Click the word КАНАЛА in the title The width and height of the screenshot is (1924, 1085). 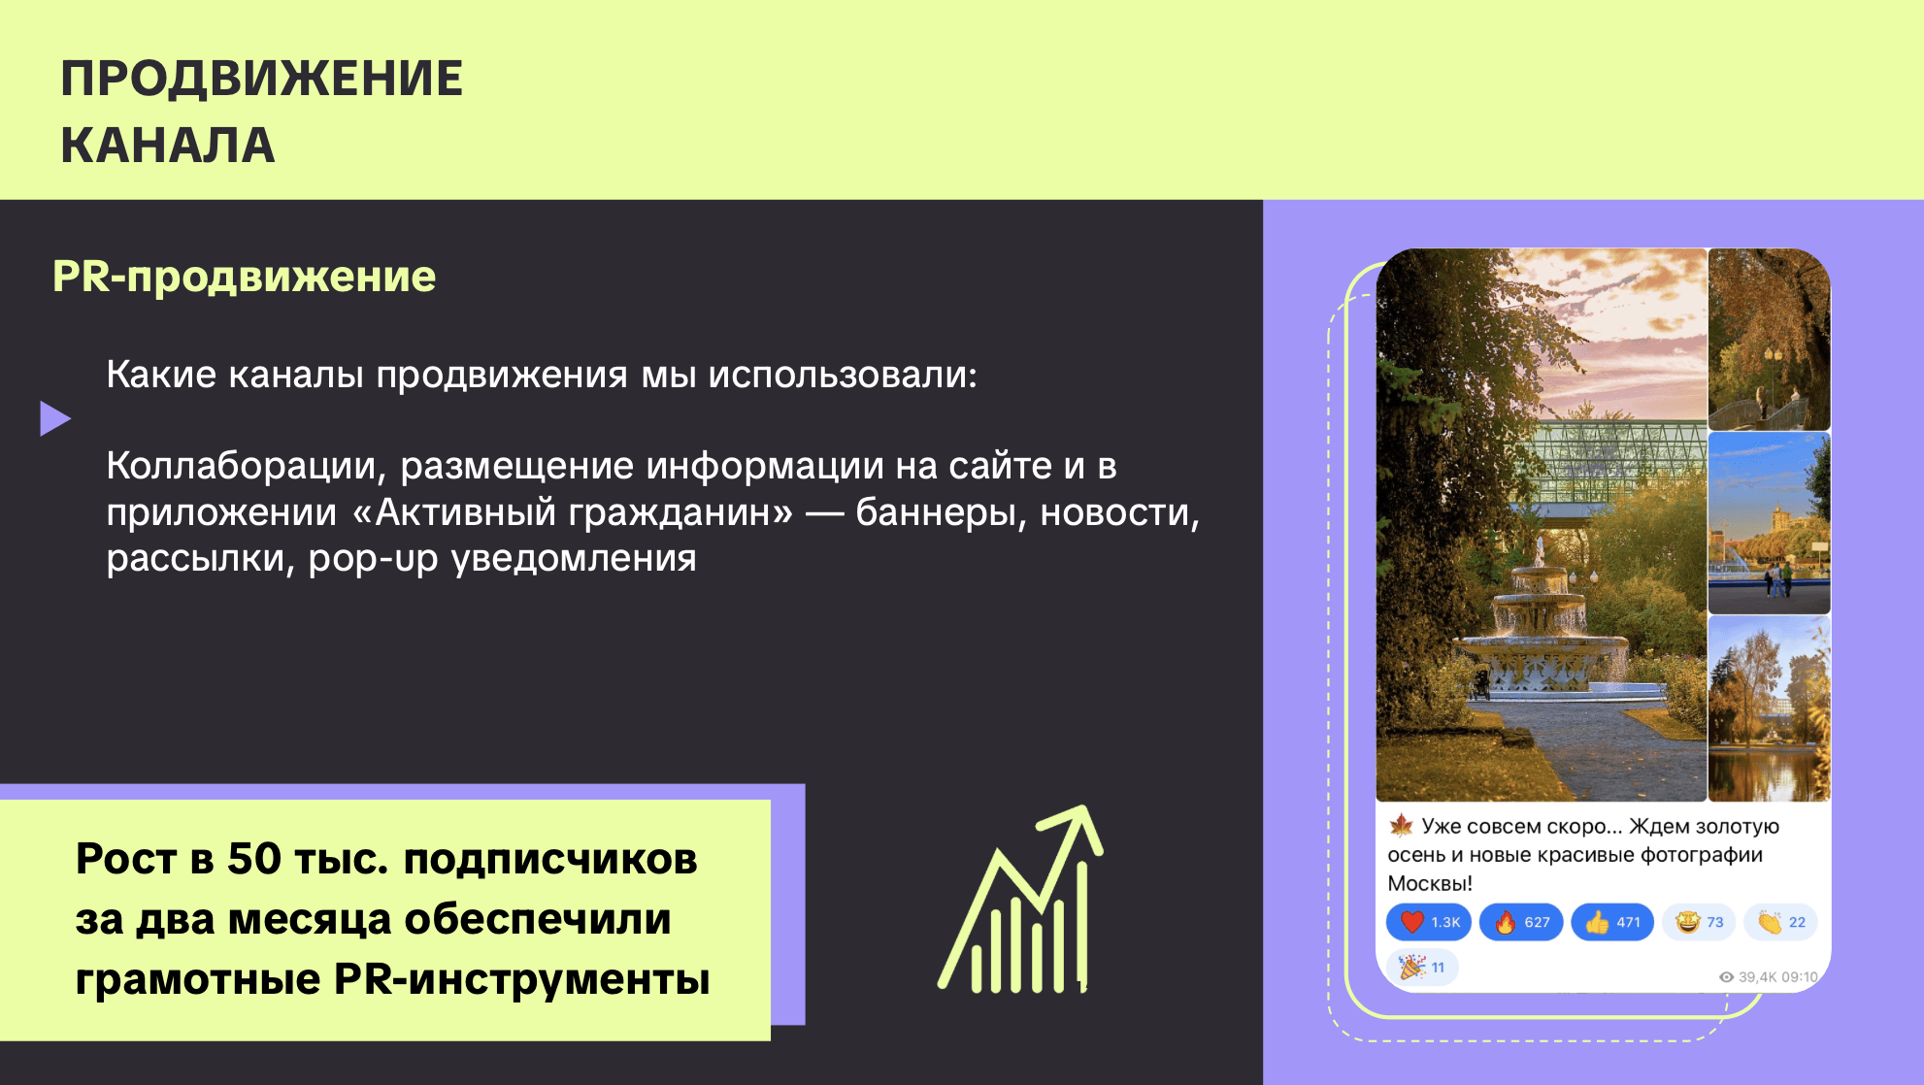168,146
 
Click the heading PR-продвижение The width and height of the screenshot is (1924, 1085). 245,277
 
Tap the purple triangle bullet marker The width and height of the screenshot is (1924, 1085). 55,418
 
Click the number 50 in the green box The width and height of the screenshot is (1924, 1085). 254,859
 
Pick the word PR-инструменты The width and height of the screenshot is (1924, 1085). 522,979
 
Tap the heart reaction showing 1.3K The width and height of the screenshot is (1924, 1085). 1429,922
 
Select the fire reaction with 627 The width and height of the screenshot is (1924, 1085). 1521,922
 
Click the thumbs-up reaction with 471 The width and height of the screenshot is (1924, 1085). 1612,922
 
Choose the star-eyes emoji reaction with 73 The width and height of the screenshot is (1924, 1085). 1699,922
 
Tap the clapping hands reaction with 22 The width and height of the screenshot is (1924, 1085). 1781,922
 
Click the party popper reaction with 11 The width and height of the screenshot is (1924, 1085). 1422,967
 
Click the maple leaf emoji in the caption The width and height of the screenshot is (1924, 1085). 1401,826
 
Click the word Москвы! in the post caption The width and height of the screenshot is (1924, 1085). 1430,883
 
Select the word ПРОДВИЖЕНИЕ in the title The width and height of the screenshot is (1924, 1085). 262,79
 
